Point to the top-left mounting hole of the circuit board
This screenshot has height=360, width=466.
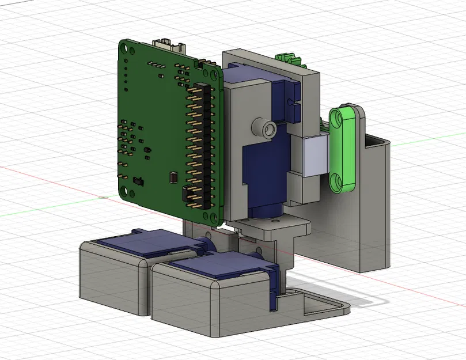[x=124, y=51]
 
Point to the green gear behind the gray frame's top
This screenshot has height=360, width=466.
[x=288, y=58]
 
